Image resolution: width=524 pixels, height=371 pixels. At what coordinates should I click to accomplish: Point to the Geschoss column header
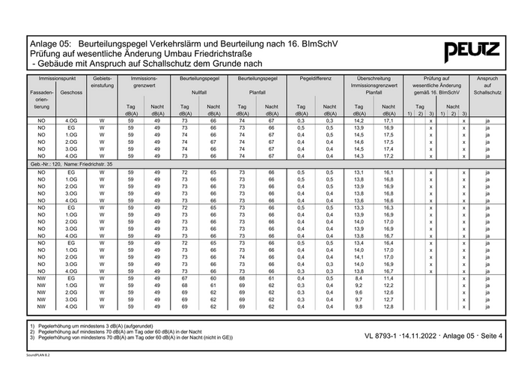[72, 92]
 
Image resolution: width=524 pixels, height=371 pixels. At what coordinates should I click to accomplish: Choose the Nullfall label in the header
[199, 92]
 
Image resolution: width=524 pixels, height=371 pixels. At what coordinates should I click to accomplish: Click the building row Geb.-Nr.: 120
[72, 163]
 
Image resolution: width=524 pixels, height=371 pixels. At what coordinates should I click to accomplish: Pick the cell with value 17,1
[389, 121]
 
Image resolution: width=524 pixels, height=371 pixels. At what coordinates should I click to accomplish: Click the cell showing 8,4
[359, 278]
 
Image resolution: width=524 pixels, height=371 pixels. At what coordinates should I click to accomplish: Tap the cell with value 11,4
[389, 278]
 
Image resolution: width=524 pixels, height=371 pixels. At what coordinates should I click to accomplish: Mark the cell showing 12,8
[389, 307]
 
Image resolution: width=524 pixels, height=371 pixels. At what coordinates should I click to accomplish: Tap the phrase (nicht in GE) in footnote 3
[212, 338]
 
